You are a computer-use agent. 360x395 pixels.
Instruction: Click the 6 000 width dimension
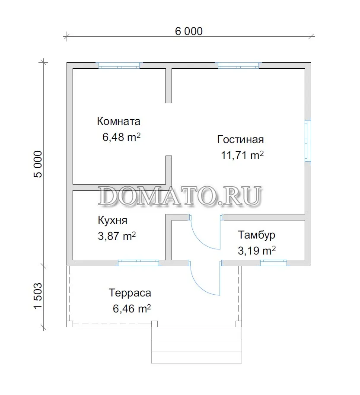(x=189, y=31)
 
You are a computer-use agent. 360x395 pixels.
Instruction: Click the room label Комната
(x=118, y=121)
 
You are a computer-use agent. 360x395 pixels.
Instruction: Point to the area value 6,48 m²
(x=121, y=137)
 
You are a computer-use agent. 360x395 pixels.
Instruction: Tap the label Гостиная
(x=240, y=139)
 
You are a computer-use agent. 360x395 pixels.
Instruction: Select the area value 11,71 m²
(x=242, y=155)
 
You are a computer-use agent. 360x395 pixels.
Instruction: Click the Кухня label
(x=112, y=220)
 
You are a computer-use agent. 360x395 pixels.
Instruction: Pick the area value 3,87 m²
(x=117, y=236)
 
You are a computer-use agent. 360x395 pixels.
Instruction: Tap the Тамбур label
(x=256, y=235)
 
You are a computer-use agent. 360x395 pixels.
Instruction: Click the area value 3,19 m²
(x=257, y=251)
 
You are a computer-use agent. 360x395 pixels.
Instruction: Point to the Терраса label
(x=130, y=293)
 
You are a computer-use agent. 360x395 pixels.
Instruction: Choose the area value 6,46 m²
(x=132, y=309)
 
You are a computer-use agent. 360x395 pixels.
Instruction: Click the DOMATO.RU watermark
(x=180, y=196)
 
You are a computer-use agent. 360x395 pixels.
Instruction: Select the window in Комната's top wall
(x=119, y=66)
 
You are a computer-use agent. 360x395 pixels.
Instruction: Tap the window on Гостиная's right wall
(x=308, y=141)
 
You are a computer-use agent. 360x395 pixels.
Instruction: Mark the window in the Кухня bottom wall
(x=139, y=263)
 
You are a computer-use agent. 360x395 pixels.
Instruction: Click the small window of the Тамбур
(x=274, y=263)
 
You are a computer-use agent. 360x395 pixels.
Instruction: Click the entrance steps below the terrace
(x=197, y=345)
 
